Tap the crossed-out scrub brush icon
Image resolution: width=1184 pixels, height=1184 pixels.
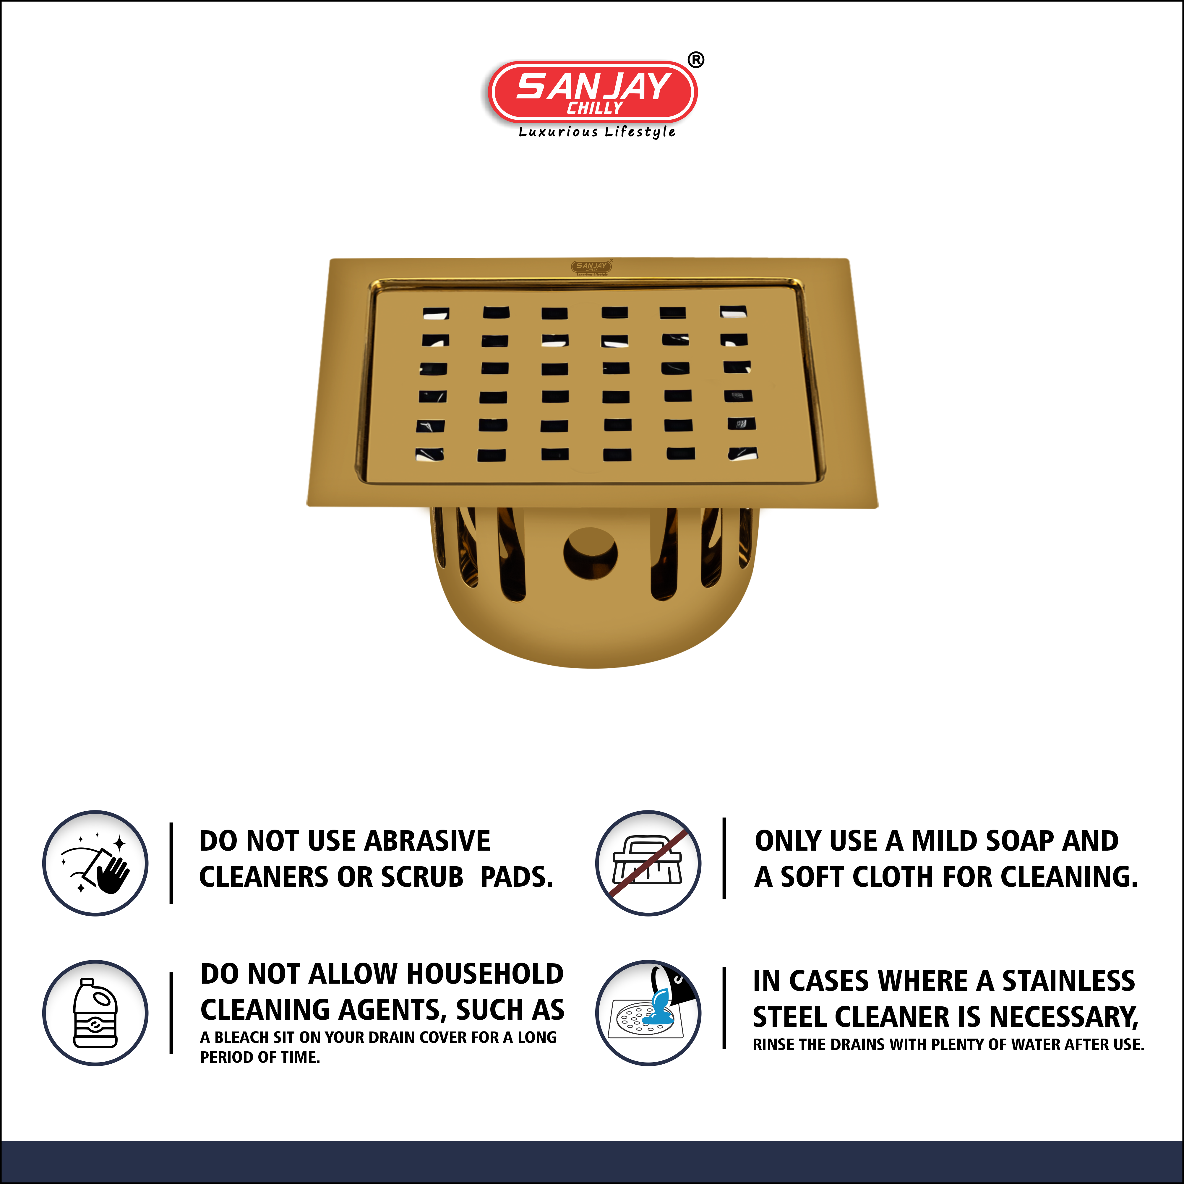(x=648, y=863)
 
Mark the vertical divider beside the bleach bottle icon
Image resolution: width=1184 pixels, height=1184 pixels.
(x=172, y=1013)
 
